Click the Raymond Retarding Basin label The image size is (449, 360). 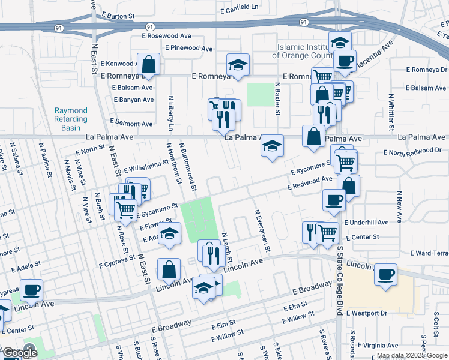(x=71, y=119)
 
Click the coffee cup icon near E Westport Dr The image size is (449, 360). (x=385, y=275)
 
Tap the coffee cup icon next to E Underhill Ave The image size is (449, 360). (x=334, y=200)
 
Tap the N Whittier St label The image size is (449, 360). (x=391, y=112)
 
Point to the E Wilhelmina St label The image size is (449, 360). (x=146, y=164)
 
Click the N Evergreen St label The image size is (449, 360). (x=263, y=231)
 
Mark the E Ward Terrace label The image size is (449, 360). (x=427, y=253)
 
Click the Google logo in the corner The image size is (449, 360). (x=20, y=353)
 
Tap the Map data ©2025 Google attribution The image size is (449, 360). (x=412, y=355)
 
